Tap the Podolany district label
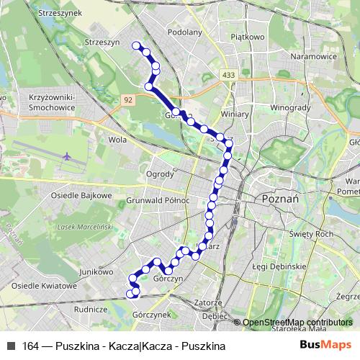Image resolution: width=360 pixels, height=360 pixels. tap(184, 32)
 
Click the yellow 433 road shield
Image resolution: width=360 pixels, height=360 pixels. tap(229, 75)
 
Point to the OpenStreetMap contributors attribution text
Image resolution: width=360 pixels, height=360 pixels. tap(297, 323)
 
